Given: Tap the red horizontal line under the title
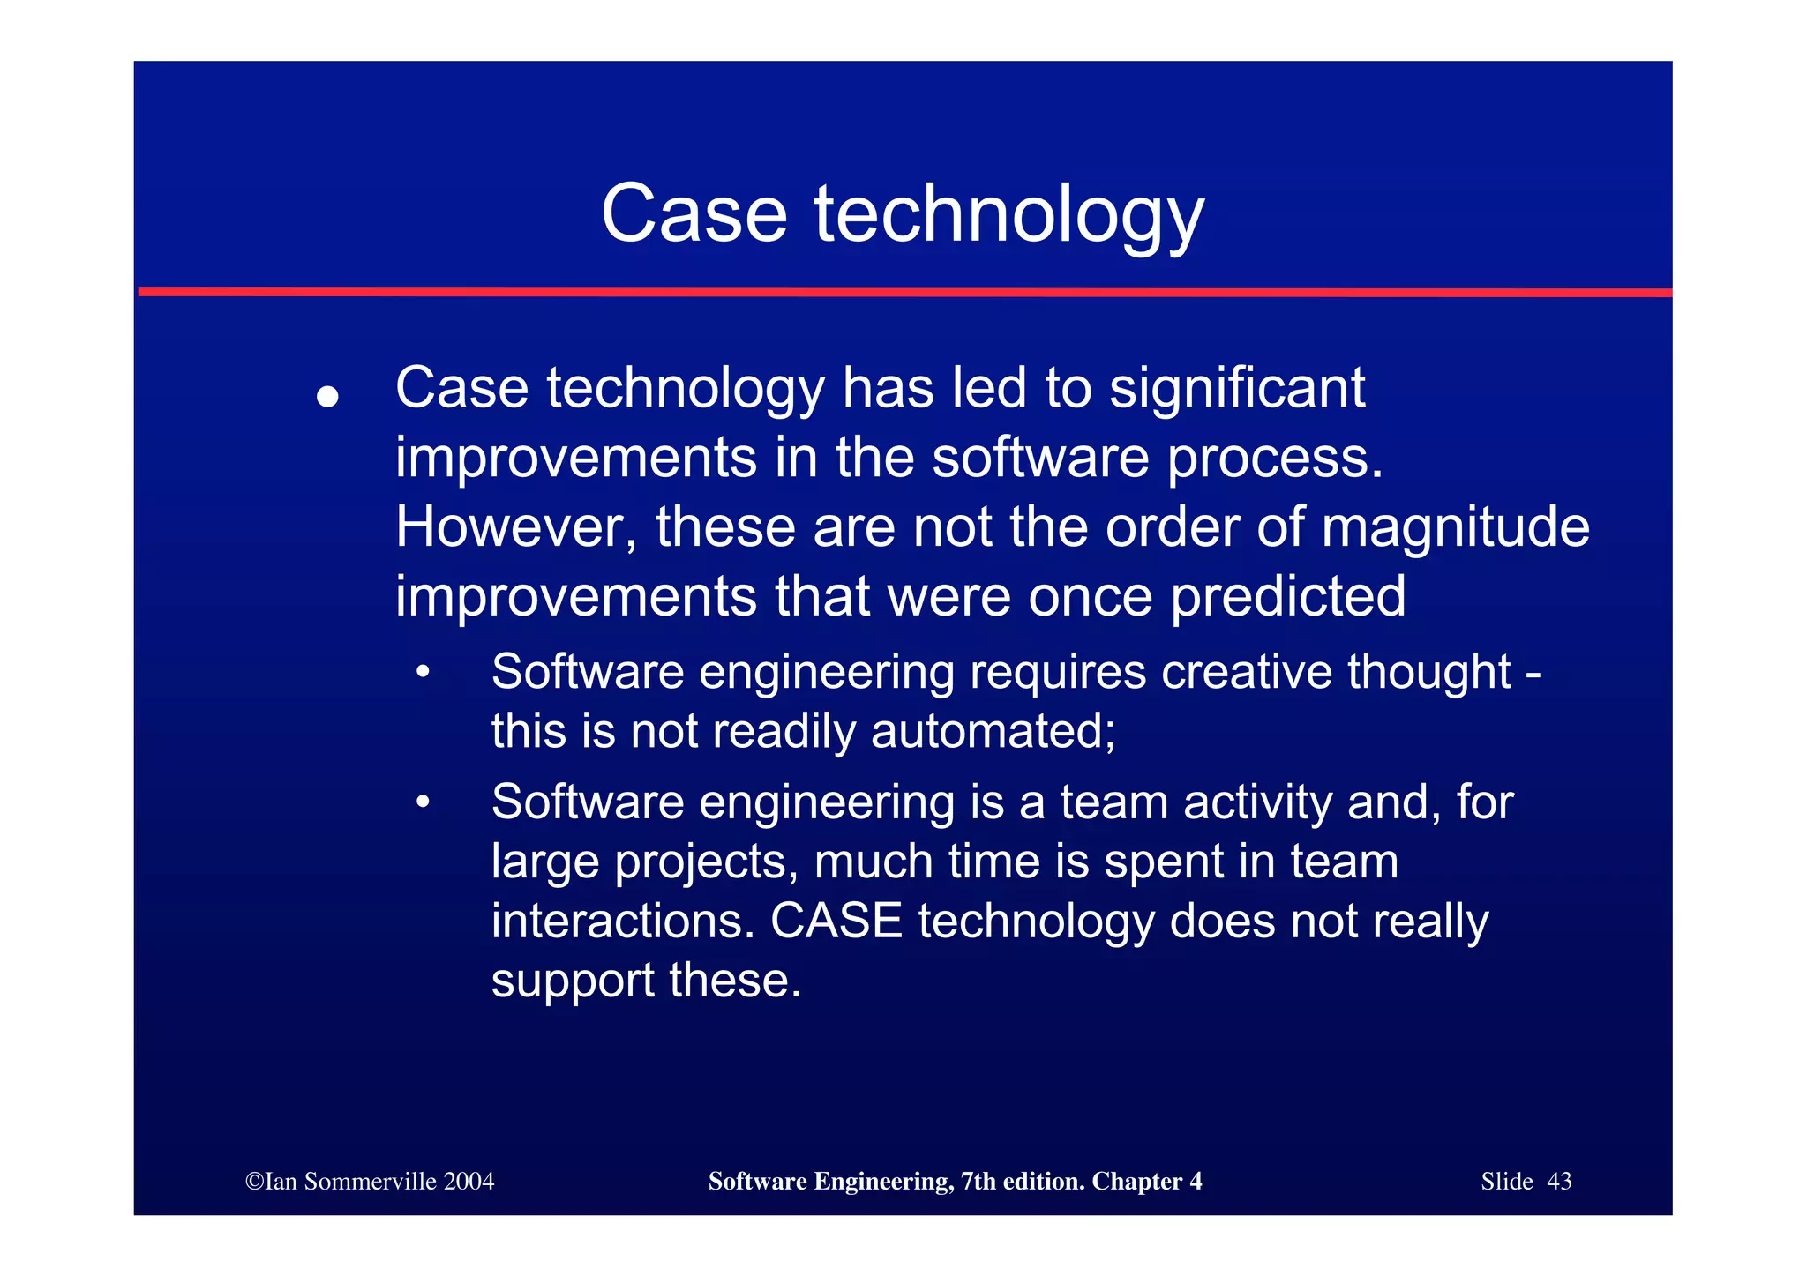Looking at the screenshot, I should (903, 292).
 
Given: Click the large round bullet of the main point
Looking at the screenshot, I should (327, 396).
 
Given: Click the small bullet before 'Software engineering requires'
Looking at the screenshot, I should (424, 672).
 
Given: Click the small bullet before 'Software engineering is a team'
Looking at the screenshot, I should (424, 802).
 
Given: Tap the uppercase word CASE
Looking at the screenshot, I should (836, 922).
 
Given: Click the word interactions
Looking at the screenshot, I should (623, 922).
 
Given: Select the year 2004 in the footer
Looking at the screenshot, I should (469, 1182).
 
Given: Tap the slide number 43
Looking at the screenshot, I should (1559, 1182).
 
